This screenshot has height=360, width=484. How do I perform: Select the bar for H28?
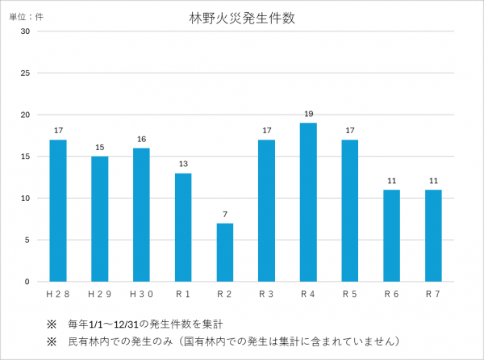click(58, 210)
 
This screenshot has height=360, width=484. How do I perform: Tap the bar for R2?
click(225, 252)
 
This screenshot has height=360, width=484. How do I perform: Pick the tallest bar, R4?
click(308, 202)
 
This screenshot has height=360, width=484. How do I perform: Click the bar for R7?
click(433, 235)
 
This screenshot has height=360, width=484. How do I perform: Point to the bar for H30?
click(141, 214)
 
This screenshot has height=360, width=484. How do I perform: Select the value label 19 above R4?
click(308, 114)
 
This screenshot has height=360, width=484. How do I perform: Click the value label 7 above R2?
click(225, 214)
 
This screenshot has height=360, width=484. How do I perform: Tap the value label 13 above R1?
click(183, 164)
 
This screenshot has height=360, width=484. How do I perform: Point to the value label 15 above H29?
click(100, 147)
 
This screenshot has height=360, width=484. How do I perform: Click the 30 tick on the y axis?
click(26, 31)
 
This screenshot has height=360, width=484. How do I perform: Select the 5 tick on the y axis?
click(27, 240)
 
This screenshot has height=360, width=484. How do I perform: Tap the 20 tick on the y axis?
click(26, 115)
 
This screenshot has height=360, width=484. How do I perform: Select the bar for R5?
click(350, 210)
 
